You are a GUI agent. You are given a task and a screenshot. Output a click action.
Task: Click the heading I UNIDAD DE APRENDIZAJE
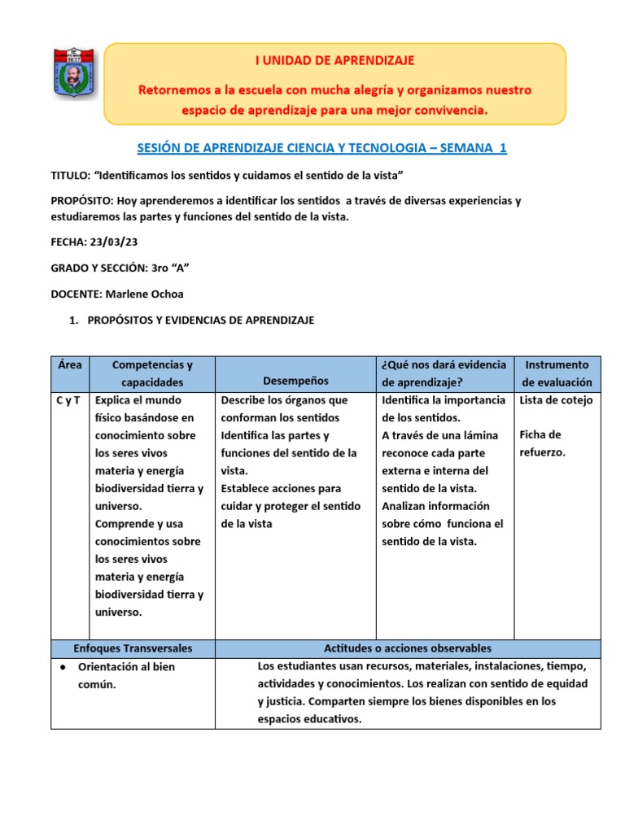(335, 60)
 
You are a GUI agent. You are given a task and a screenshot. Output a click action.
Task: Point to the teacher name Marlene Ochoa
(145, 294)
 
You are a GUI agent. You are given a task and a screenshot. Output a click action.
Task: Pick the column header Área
(71, 365)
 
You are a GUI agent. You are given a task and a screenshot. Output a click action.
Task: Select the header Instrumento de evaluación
(557, 373)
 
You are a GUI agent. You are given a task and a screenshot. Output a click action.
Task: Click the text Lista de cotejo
(556, 400)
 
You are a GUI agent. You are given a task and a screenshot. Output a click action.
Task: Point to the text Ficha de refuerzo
(540, 443)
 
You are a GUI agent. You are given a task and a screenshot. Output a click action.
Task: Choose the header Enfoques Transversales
(133, 648)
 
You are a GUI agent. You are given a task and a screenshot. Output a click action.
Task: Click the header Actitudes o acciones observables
(408, 648)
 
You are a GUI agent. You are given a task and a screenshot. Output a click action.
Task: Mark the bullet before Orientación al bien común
(63, 667)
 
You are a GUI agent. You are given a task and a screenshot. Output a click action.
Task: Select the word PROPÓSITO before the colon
(81, 200)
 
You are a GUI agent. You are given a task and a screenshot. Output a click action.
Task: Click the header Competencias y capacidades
(152, 373)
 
